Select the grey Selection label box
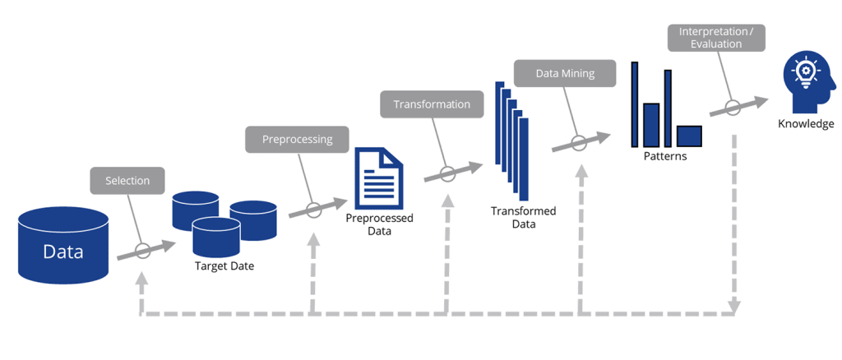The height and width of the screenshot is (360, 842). (127, 181)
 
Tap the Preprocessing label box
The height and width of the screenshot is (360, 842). (297, 139)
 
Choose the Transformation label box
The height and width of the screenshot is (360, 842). (432, 104)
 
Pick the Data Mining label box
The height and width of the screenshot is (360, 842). (566, 73)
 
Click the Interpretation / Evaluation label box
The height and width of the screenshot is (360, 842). (715, 38)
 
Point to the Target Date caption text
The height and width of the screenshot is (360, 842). (224, 266)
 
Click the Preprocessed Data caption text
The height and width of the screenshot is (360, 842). (379, 224)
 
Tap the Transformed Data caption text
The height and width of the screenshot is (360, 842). (523, 218)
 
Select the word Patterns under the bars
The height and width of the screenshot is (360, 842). (666, 155)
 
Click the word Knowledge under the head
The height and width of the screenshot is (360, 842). (806, 124)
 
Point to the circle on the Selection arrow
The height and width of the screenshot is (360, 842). (143, 251)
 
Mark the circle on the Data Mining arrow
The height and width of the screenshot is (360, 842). (580, 143)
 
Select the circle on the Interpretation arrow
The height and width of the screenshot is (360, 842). (733, 107)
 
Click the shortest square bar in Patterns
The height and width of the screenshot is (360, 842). (689, 136)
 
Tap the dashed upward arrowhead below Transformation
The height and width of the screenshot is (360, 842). (447, 201)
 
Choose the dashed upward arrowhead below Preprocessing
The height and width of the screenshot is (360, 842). (312, 240)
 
